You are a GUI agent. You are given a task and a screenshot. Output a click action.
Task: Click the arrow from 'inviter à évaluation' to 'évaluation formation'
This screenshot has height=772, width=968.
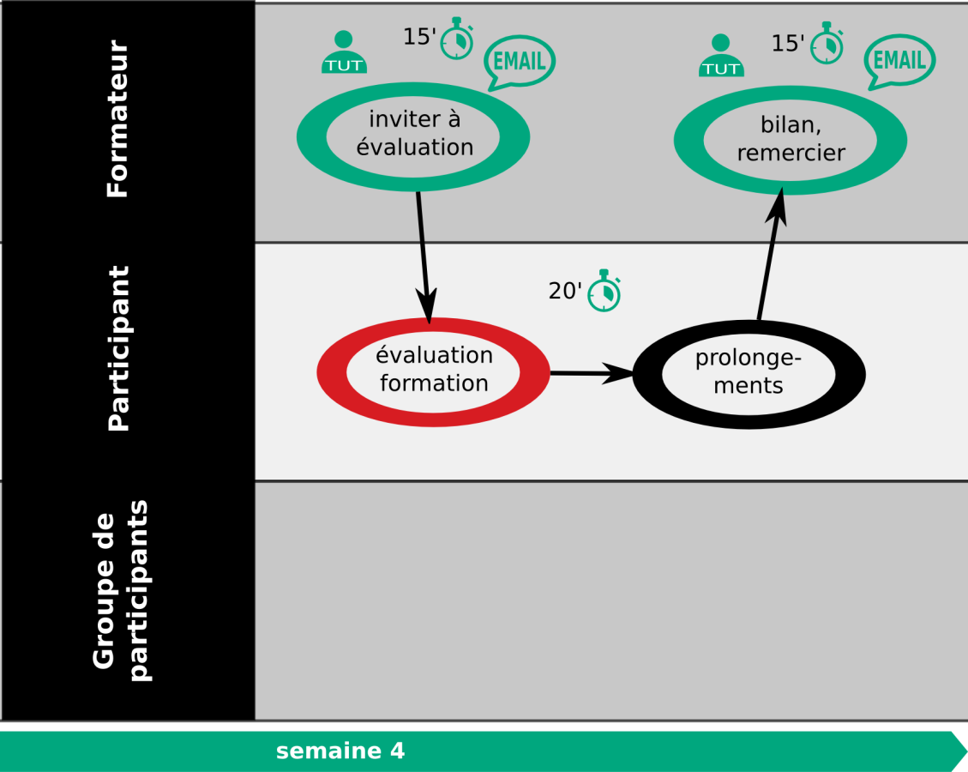tap(424, 257)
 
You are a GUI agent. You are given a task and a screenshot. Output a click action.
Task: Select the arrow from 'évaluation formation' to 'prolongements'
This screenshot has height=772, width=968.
tap(592, 373)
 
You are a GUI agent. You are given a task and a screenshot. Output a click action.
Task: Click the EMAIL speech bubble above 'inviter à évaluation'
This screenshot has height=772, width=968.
tap(520, 63)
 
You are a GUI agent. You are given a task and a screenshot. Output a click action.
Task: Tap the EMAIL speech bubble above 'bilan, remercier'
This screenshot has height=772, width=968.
tap(899, 61)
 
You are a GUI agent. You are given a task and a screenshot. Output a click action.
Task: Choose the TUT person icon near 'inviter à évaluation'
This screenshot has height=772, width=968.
tap(344, 52)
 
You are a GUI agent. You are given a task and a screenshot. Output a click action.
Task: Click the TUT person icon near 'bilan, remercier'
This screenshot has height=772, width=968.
tap(721, 56)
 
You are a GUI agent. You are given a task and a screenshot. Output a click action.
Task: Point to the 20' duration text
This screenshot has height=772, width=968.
tap(565, 290)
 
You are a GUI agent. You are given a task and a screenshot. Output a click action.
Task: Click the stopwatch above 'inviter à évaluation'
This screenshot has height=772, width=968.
tap(457, 39)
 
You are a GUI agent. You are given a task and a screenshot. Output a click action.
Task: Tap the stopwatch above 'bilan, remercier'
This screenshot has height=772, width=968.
tap(827, 43)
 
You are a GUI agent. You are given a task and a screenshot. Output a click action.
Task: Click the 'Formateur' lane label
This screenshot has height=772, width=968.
tap(117, 118)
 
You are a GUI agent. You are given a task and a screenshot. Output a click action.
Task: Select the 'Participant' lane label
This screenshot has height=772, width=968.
tap(118, 348)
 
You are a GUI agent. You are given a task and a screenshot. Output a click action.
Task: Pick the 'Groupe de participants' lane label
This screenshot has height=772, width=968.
tap(121, 590)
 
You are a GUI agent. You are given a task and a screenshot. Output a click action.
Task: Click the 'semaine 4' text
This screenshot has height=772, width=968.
tap(340, 751)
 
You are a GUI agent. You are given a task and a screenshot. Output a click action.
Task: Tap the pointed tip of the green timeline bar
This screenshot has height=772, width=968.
tap(966, 751)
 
